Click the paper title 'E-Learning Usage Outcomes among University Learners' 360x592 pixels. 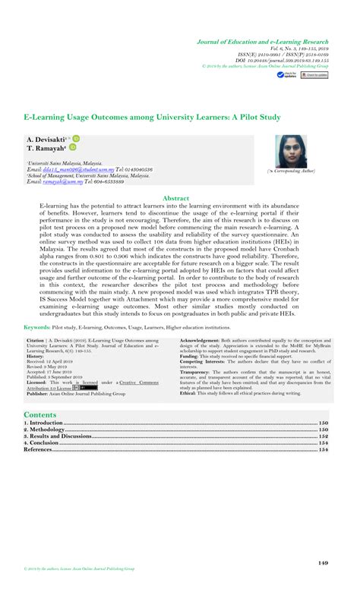[153, 118]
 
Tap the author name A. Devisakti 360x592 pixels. [46, 140]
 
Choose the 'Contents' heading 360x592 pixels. [40, 415]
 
